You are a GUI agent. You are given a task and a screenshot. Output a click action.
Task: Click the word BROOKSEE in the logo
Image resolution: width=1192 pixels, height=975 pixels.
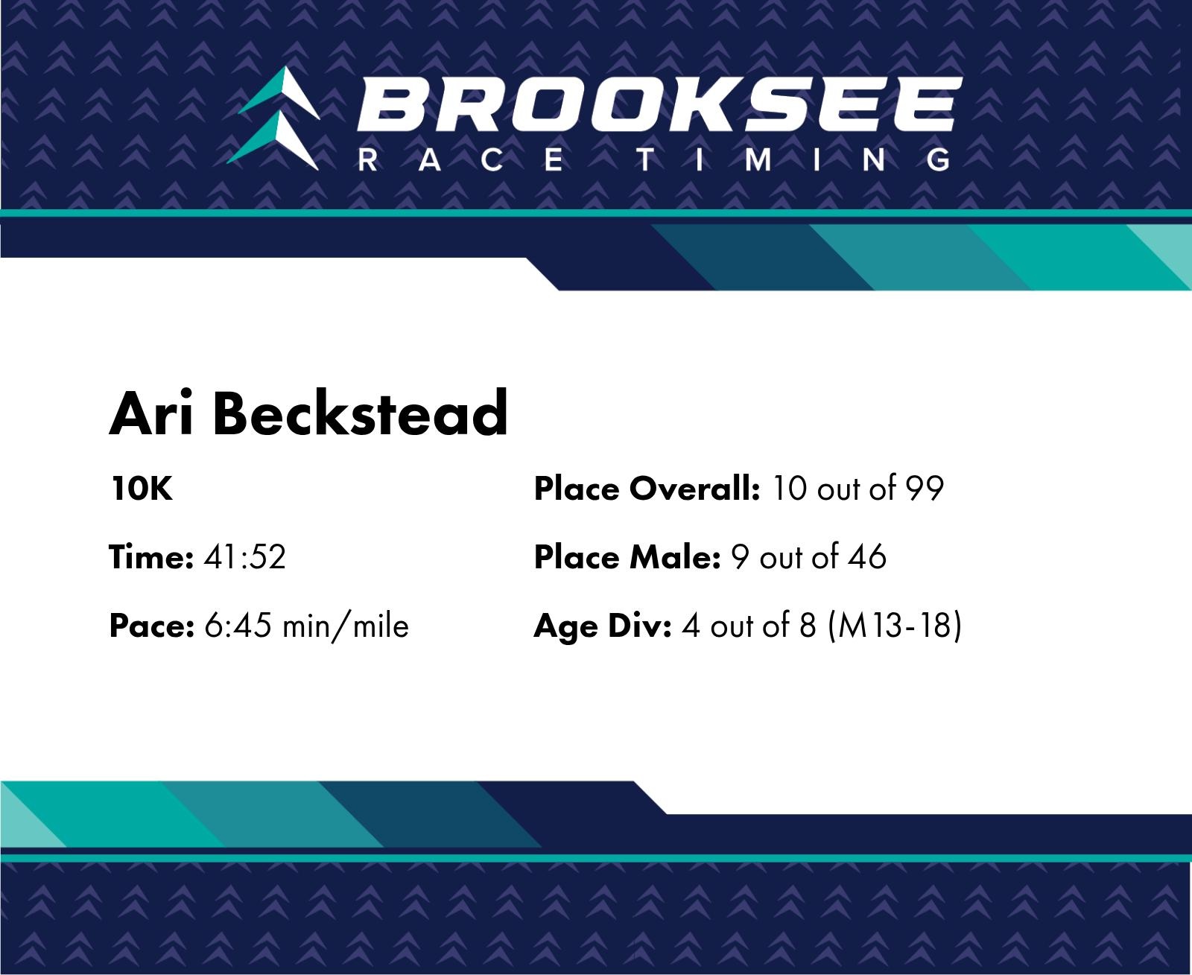(659, 104)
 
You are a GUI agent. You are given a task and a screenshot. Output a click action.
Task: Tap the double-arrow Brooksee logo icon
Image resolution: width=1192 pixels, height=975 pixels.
(273, 118)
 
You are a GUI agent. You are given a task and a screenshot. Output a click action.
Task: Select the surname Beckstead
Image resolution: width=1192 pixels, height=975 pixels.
(360, 413)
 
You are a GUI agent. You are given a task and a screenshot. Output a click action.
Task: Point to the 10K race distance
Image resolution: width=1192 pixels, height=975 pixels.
(142, 489)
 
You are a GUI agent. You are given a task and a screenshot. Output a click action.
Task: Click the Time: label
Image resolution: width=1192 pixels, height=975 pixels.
(151, 556)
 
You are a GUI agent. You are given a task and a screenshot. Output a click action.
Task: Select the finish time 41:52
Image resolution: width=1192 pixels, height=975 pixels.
(244, 557)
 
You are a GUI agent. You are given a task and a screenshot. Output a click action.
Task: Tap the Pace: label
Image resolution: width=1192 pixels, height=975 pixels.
(151, 626)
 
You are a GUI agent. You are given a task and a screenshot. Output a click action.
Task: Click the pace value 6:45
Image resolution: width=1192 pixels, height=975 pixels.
(238, 626)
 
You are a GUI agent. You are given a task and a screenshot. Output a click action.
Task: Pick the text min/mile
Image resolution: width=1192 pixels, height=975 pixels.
(346, 626)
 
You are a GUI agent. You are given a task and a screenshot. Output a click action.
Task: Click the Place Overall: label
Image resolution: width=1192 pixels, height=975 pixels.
(647, 489)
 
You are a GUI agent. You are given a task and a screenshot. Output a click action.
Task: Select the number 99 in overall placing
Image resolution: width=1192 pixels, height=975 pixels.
(925, 489)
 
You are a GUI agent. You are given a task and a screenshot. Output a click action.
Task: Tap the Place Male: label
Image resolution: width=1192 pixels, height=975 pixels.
(627, 557)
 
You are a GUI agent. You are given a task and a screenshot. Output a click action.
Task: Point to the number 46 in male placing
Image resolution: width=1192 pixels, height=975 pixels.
(867, 557)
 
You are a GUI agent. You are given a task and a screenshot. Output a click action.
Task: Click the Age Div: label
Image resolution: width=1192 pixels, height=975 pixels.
(603, 626)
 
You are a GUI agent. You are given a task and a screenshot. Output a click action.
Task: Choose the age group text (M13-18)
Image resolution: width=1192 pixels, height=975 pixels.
(895, 626)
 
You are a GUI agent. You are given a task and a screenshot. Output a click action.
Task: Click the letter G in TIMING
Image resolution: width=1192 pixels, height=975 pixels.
(938, 159)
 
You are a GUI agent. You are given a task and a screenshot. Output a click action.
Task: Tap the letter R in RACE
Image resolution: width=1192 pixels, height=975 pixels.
(367, 159)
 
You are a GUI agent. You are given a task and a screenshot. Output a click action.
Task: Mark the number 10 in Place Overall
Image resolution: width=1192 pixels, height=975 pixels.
(790, 489)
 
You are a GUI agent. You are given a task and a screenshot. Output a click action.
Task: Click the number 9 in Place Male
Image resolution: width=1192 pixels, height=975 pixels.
(740, 557)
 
